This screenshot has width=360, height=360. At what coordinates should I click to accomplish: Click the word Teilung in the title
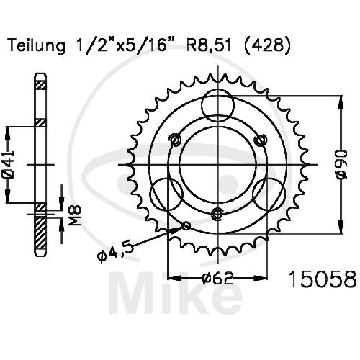pyautogui.click(x=37, y=46)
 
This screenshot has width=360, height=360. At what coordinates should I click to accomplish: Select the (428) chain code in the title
pyautogui.click(x=266, y=45)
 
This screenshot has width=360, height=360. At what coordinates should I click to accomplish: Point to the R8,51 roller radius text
pyautogui.click(x=209, y=45)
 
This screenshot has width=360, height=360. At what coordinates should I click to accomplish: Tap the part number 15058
pyautogui.click(x=323, y=279)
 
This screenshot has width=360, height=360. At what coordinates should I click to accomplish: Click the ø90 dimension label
pyautogui.click(x=342, y=164)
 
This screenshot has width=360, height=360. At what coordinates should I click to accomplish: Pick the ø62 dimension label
pyautogui.click(x=217, y=278)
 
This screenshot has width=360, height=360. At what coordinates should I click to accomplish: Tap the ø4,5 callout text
pyautogui.click(x=114, y=253)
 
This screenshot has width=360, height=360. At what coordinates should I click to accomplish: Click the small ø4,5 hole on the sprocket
pyautogui.click(x=186, y=225)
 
